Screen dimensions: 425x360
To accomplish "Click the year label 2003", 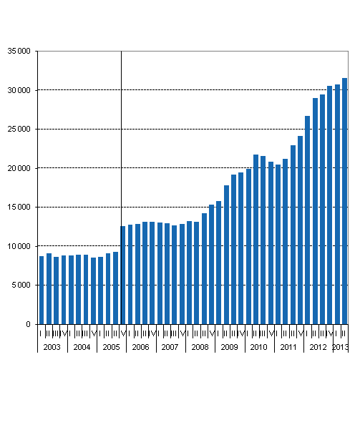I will [52, 347].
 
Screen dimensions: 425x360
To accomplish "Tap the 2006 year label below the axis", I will [141, 347].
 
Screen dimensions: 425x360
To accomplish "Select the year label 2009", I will [230, 347].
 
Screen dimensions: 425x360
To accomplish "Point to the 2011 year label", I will [288, 347].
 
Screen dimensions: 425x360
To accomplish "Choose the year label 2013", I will [341, 347].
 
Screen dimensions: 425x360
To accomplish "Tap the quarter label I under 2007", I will [160, 333].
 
